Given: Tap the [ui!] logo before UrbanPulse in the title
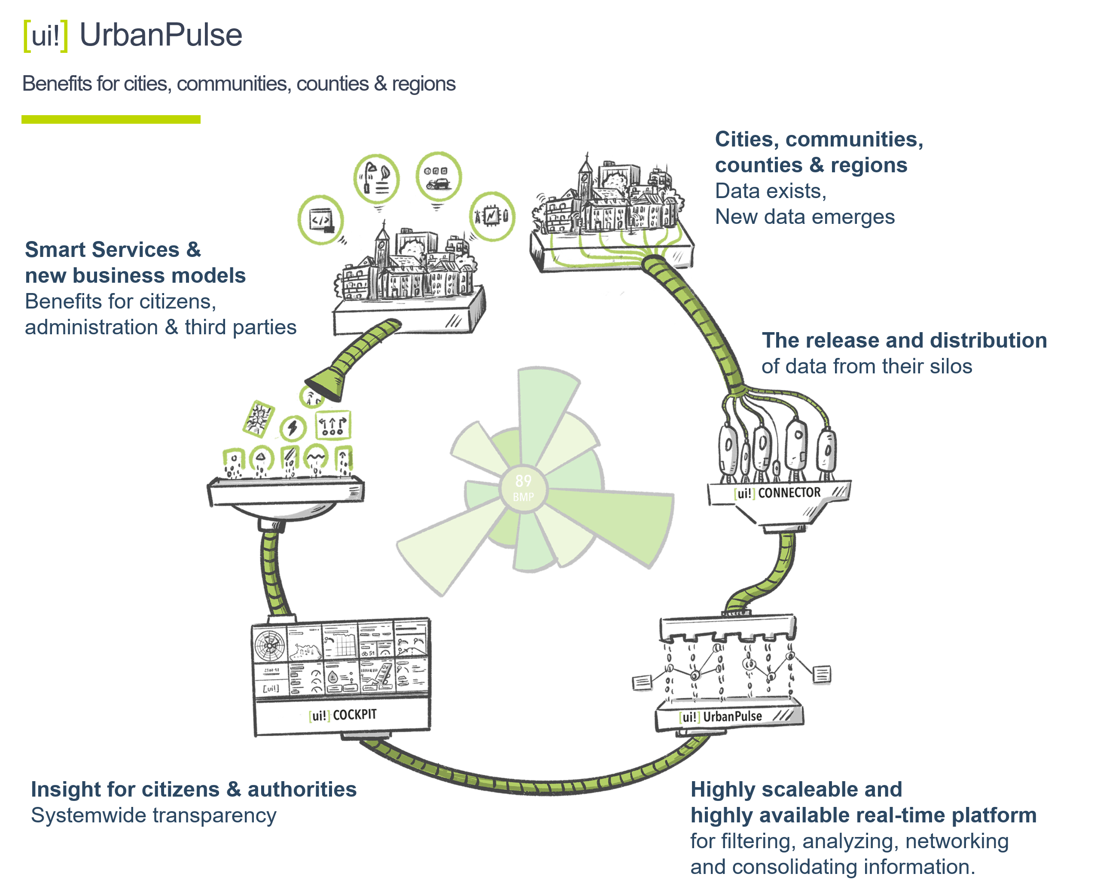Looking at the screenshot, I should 45,36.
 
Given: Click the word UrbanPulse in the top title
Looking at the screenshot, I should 161,35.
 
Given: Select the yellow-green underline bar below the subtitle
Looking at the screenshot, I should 111,119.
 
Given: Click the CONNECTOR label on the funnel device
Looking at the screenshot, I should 789,493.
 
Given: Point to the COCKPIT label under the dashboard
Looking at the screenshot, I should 354,715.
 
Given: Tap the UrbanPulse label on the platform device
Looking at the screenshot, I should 732,716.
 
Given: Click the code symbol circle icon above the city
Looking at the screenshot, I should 320,220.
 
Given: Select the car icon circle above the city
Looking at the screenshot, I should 438,176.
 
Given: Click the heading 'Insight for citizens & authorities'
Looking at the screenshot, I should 194,789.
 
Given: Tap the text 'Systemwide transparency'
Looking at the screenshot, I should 154,816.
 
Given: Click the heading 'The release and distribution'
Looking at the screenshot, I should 904,340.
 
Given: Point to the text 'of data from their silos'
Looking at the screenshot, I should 866,367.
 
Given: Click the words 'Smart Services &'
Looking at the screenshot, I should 113,250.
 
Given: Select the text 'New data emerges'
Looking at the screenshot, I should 805,217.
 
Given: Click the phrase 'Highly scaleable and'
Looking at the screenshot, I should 796,789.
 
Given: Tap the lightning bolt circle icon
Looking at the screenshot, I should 293,428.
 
